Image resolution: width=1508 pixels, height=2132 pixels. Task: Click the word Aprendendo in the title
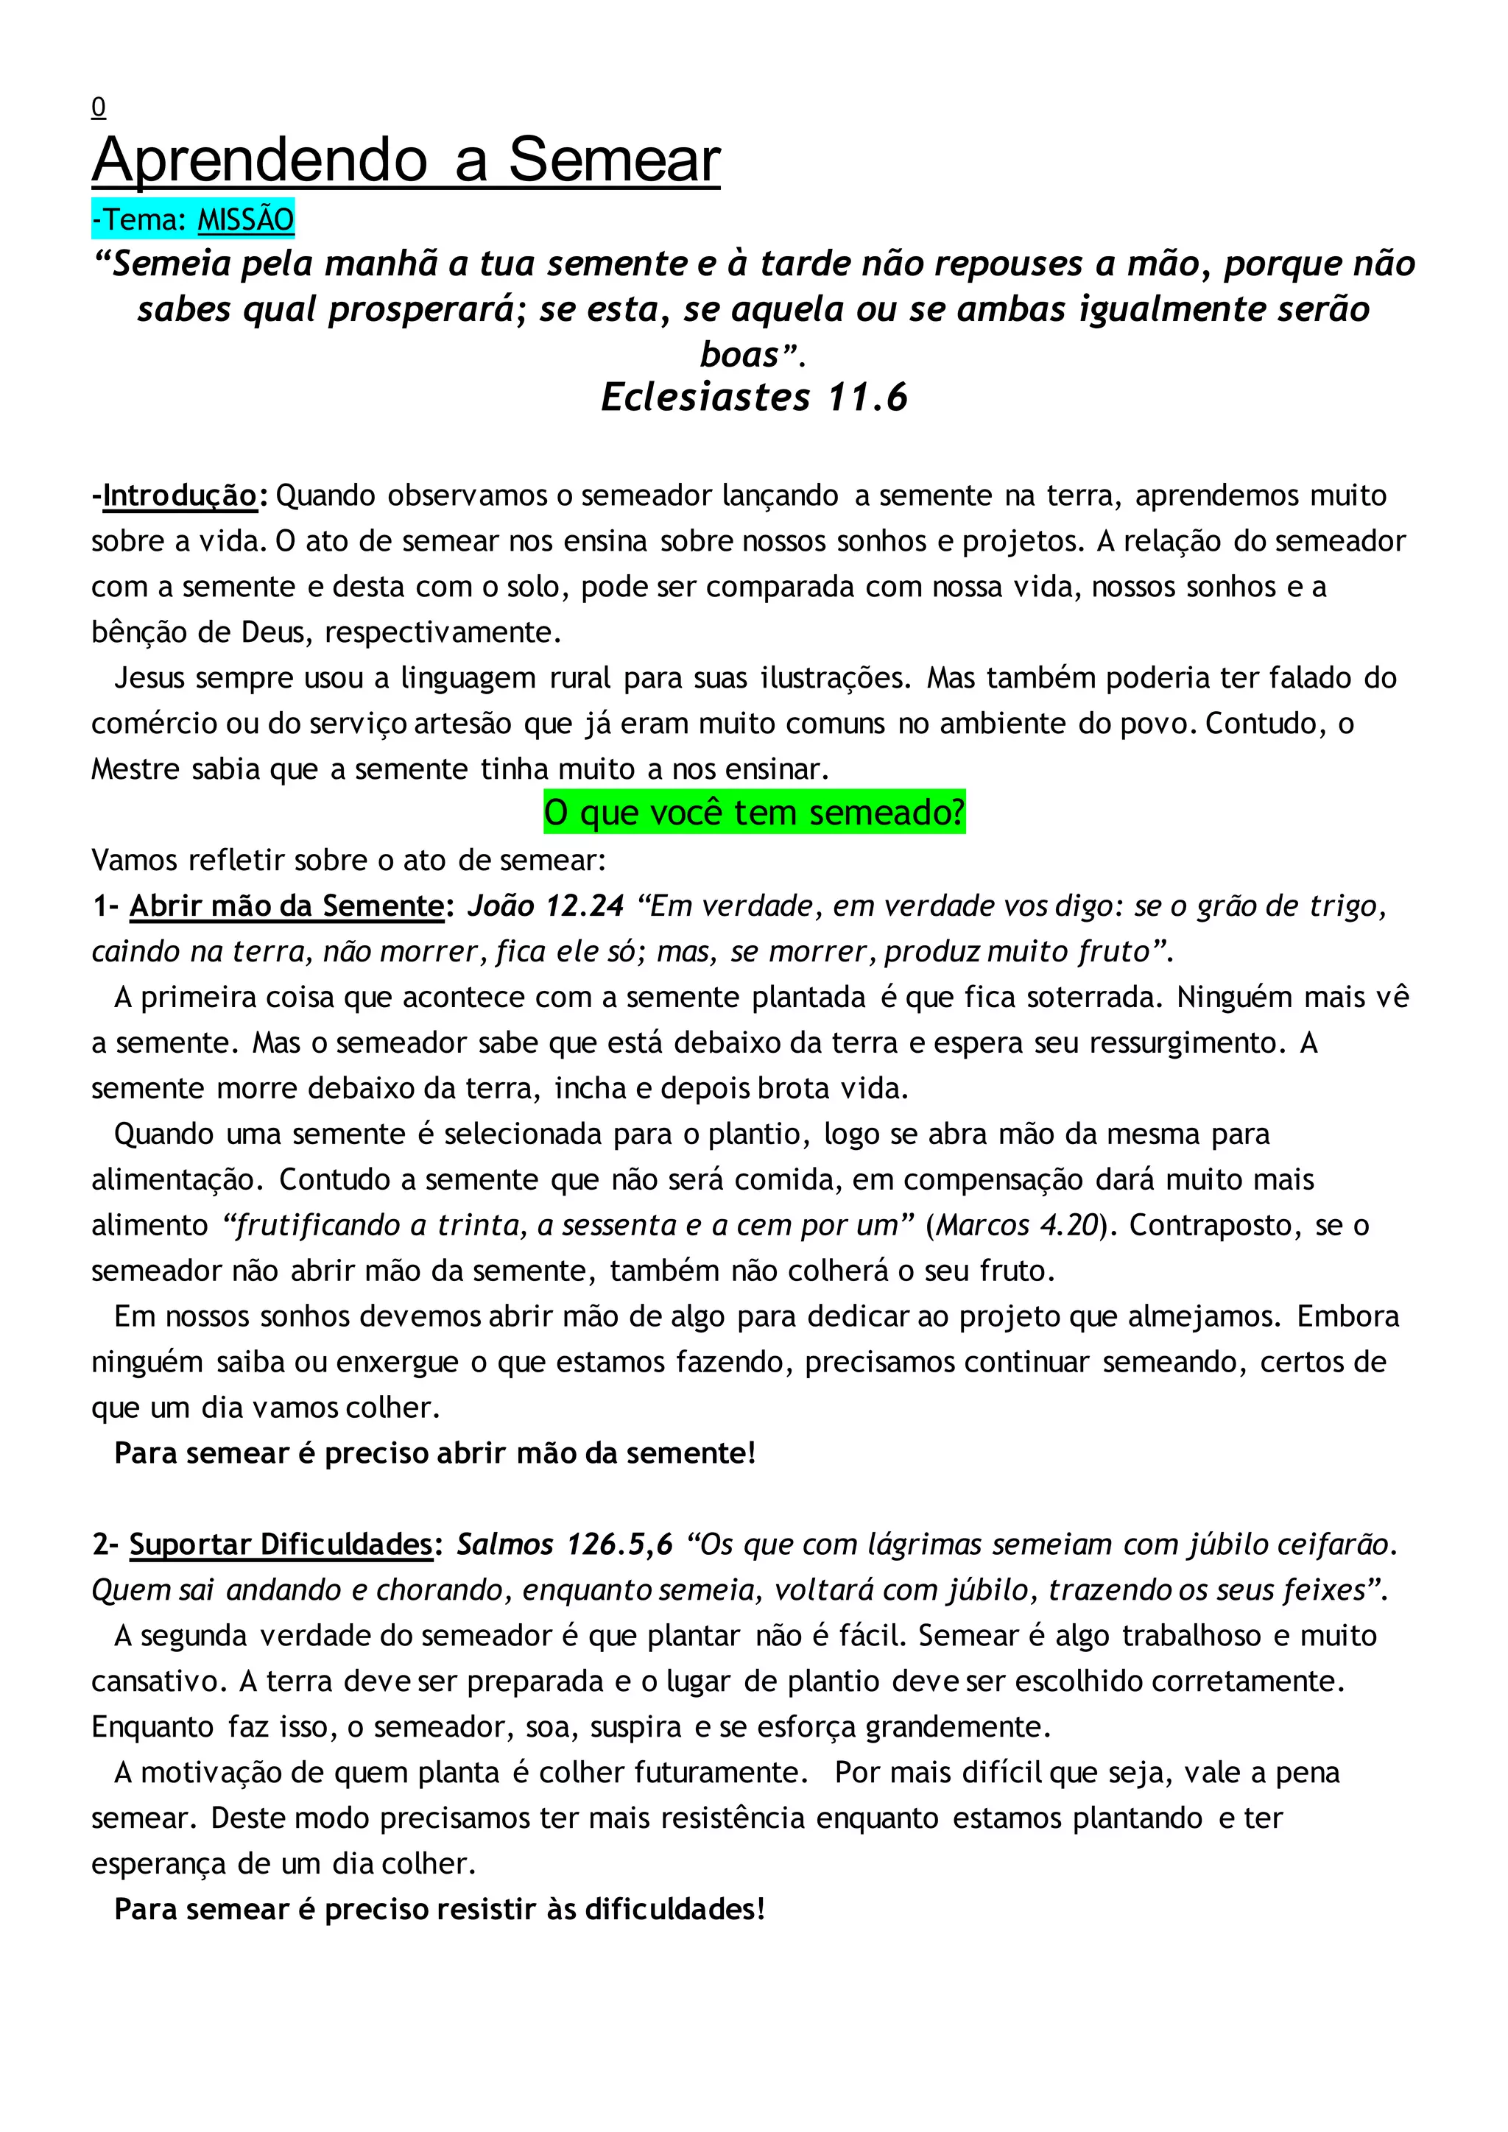pyautogui.click(x=260, y=160)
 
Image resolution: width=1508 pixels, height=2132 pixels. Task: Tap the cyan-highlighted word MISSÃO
pyautogui.click(x=245, y=220)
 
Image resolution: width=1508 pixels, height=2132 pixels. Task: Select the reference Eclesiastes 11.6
pyautogui.click(x=753, y=397)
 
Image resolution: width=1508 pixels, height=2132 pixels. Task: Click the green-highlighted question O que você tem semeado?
pyautogui.click(x=754, y=813)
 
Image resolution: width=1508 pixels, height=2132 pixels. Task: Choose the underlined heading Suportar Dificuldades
pyautogui.click(x=281, y=1545)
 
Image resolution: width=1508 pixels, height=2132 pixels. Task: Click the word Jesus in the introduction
pyautogui.click(x=149, y=678)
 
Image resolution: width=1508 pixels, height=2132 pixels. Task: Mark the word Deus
pyautogui.click(x=273, y=632)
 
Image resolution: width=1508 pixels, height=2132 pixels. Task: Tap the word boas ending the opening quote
pyautogui.click(x=739, y=355)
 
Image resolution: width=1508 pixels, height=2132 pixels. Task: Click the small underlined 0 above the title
pyautogui.click(x=99, y=109)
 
